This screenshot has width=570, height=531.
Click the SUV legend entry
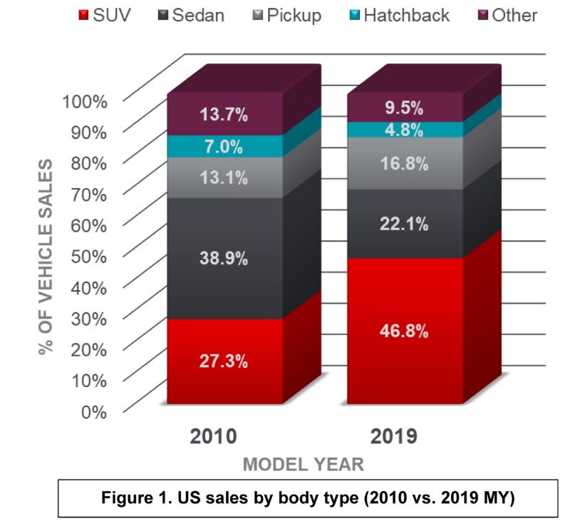click(x=106, y=14)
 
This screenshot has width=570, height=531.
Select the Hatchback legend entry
click(x=399, y=14)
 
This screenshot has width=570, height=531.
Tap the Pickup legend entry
click(x=286, y=14)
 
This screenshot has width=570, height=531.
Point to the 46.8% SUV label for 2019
click(x=403, y=331)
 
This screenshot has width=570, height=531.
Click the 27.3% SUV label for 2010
click(x=224, y=361)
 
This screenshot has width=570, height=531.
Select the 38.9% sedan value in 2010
click(x=224, y=259)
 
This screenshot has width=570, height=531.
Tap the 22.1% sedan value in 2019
click(x=403, y=225)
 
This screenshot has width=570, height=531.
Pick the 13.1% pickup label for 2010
click(x=224, y=177)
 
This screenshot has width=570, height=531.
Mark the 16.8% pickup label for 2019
click(x=403, y=164)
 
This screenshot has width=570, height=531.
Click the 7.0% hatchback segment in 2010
click(x=224, y=147)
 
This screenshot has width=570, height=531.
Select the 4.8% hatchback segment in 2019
click(x=403, y=130)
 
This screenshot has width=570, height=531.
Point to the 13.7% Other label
click(x=224, y=114)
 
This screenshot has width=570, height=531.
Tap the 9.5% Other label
click(x=403, y=108)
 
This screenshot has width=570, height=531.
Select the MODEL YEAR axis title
click(x=304, y=465)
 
